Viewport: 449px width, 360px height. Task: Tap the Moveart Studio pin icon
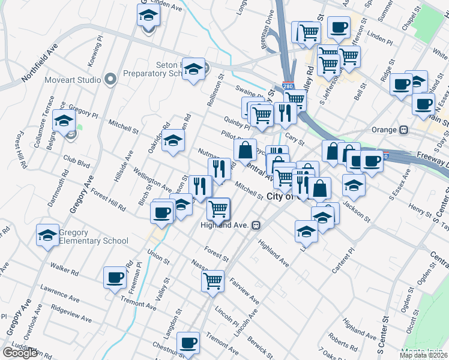pos(110,79)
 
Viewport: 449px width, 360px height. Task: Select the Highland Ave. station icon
pos(256,225)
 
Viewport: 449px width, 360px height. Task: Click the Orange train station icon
pos(404,130)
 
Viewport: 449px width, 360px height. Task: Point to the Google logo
pos(20,353)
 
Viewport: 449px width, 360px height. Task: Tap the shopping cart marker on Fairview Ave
pos(213,280)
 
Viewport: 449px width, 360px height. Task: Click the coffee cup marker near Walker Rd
pos(114,277)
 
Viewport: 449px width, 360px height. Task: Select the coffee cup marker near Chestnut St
pos(189,342)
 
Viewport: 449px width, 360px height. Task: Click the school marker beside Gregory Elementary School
pos(47,235)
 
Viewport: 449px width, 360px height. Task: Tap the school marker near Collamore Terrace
pos(64,120)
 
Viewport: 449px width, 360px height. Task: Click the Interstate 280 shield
pos(289,86)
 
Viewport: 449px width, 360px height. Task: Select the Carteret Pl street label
pos(343,246)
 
